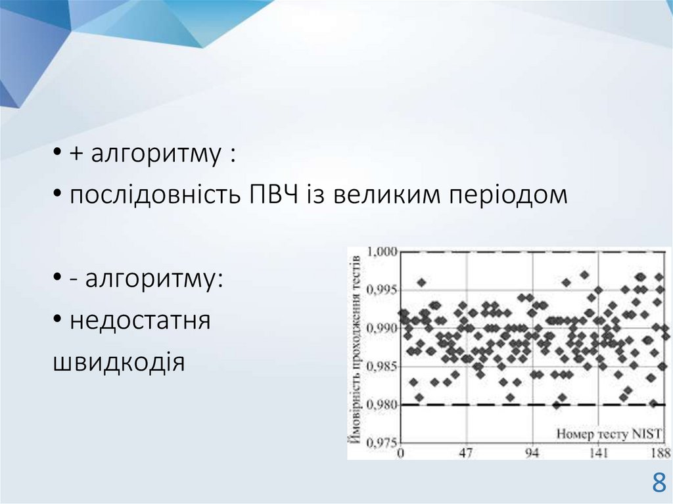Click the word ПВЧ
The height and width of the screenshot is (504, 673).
(x=274, y=195)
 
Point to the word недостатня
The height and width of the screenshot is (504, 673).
(x=140, y=321)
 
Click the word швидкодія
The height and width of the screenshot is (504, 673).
(x=119, y=362)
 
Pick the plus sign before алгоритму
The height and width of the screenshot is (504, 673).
(x=76, y=153)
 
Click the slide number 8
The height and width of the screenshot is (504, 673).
(x=659, y=482)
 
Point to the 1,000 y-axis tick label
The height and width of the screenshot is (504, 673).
(x=382, y=251)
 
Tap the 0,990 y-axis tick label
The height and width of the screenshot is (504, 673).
(x=382, y=329)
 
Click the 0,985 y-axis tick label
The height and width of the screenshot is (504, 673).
(x=382, y=367)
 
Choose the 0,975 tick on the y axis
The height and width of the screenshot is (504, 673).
(x=382, y=442)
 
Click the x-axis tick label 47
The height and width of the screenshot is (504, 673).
(x=466, y=453)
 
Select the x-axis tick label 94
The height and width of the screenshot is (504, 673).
(x=532, y=453)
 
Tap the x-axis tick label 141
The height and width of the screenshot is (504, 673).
(x=599, y=453)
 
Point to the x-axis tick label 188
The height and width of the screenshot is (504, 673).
(x=661, y=453)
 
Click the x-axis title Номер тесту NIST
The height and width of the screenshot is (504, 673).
(x=609, y=434)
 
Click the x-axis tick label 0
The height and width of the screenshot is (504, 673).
(x=401, y=453)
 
